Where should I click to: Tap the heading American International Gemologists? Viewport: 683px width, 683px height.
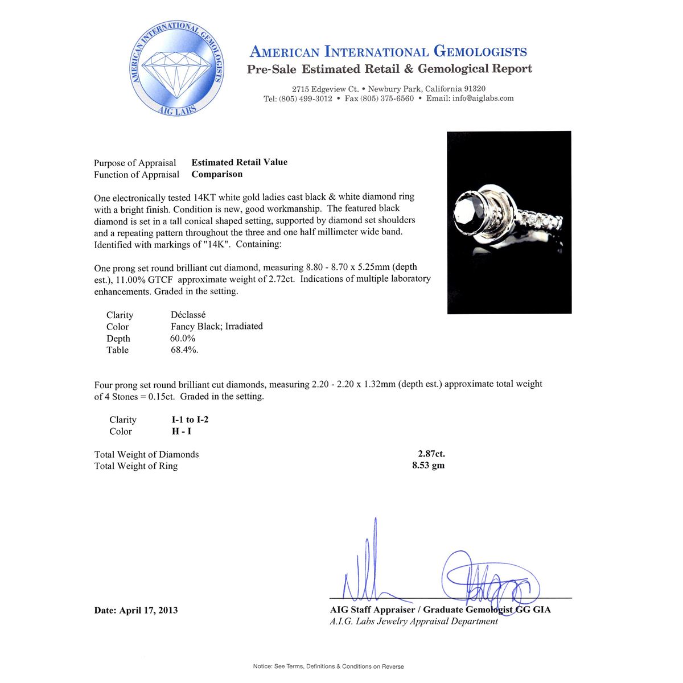point(388,52)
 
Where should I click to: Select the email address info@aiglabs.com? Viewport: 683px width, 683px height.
point(483,98)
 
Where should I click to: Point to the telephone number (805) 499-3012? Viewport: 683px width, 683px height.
point(306,98)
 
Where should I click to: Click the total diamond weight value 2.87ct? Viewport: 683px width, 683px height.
point(431,454)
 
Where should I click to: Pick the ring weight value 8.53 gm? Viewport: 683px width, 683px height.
point(429,466)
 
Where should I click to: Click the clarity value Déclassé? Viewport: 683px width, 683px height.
point(188,314)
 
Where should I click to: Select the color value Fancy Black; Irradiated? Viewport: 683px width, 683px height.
point(216,326)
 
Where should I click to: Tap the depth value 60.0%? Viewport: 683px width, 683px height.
point(183,338)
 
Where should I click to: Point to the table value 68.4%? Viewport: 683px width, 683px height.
point(184,350)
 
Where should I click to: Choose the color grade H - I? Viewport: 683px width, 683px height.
point(182,431)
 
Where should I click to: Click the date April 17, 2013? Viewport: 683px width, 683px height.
point(135,610)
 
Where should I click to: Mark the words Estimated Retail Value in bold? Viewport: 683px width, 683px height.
point(239,162)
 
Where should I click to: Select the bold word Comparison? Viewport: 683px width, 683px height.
point(217,174)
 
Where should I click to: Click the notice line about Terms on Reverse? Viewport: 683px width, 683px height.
point(328,666)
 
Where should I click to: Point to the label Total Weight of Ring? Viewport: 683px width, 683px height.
point(135,466)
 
